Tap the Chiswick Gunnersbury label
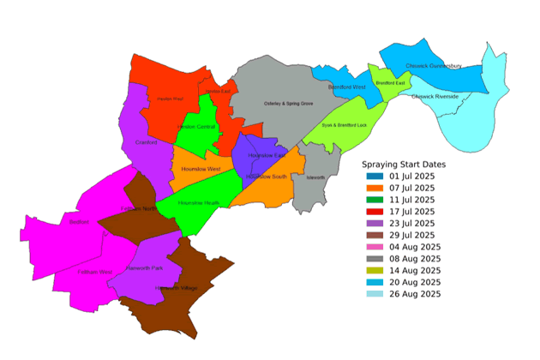point(434,65)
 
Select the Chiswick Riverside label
point(435,97)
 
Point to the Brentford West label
point(347,87)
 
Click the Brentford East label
point(390,83)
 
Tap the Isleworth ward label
point(315,177)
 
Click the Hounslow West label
point(201,169)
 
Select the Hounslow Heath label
point(199,202)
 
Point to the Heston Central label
point(195,127)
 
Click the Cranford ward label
point(147,142)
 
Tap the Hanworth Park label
point(143,267)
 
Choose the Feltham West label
point(94,272)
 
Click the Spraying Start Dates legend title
point(403,164)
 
